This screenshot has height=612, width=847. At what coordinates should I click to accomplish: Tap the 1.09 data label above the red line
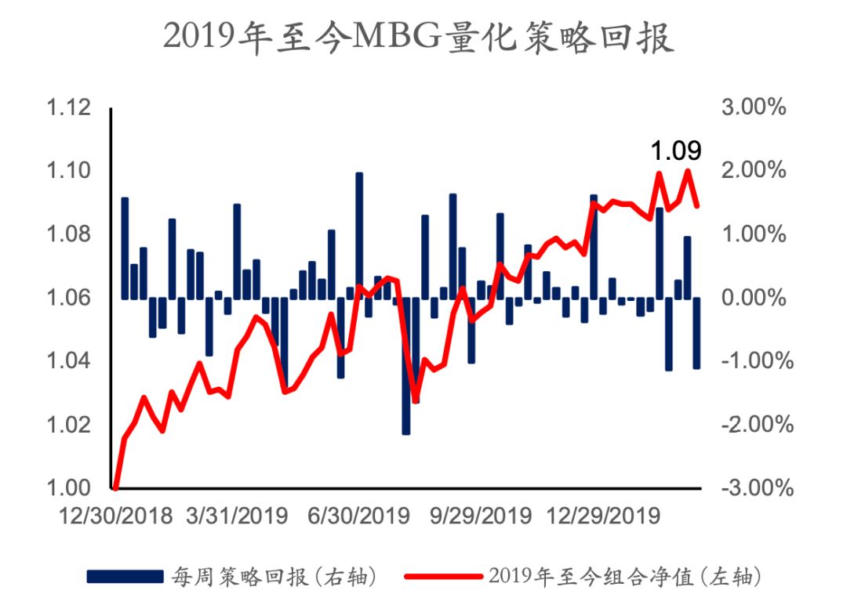pyautogui.click(x=675, y=150)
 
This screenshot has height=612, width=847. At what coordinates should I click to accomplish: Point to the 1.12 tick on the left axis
pyautogui.click(x=69, y=108)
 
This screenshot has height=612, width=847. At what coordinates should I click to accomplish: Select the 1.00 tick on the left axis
pyautogui.click(x=69, y=487)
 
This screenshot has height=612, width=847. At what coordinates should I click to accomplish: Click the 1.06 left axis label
pyautogui.click(x=69, y=298)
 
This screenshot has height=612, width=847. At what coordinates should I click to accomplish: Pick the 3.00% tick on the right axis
pyautogui.click(x=753, y=108)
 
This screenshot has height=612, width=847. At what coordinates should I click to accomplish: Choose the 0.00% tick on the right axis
pyautogui.click(x=753, y=298)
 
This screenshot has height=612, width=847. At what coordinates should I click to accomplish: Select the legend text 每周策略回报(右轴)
pyautogui.click(x=275, y=578)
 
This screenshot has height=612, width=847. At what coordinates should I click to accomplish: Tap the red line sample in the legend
pyautogui.click(x=442, y=578)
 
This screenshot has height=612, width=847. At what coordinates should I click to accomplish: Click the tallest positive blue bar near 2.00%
pyautogui.click(x=359, y=235)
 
